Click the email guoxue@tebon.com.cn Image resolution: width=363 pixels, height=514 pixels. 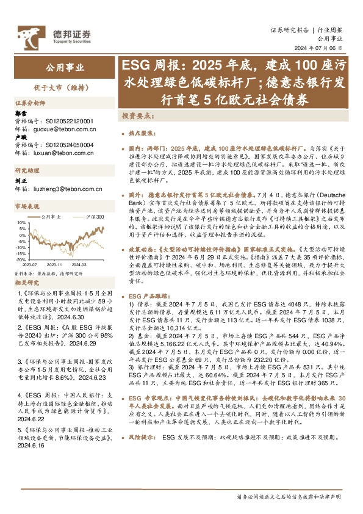[63, 129]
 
